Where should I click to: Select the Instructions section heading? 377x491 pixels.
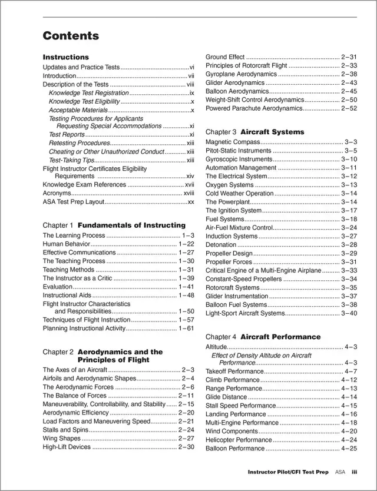(66, 57)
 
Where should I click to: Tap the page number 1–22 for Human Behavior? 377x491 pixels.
(186, 244)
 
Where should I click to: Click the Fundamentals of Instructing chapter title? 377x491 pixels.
(131, 225)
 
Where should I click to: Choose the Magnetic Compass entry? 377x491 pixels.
(233, 142)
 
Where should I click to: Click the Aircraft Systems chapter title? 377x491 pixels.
(272, 132)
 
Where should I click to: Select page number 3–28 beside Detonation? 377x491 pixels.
(349, 244)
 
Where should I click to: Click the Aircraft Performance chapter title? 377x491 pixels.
(280, 337)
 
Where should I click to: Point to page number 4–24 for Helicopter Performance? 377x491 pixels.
(349, 440)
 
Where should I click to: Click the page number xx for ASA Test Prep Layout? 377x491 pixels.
(190, 202)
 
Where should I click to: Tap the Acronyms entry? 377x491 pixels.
(57, 193)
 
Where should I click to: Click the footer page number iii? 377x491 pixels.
(355, 472)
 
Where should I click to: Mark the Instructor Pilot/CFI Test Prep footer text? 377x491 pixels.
(288, 472)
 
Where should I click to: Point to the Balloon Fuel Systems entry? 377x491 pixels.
(236, 304)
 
